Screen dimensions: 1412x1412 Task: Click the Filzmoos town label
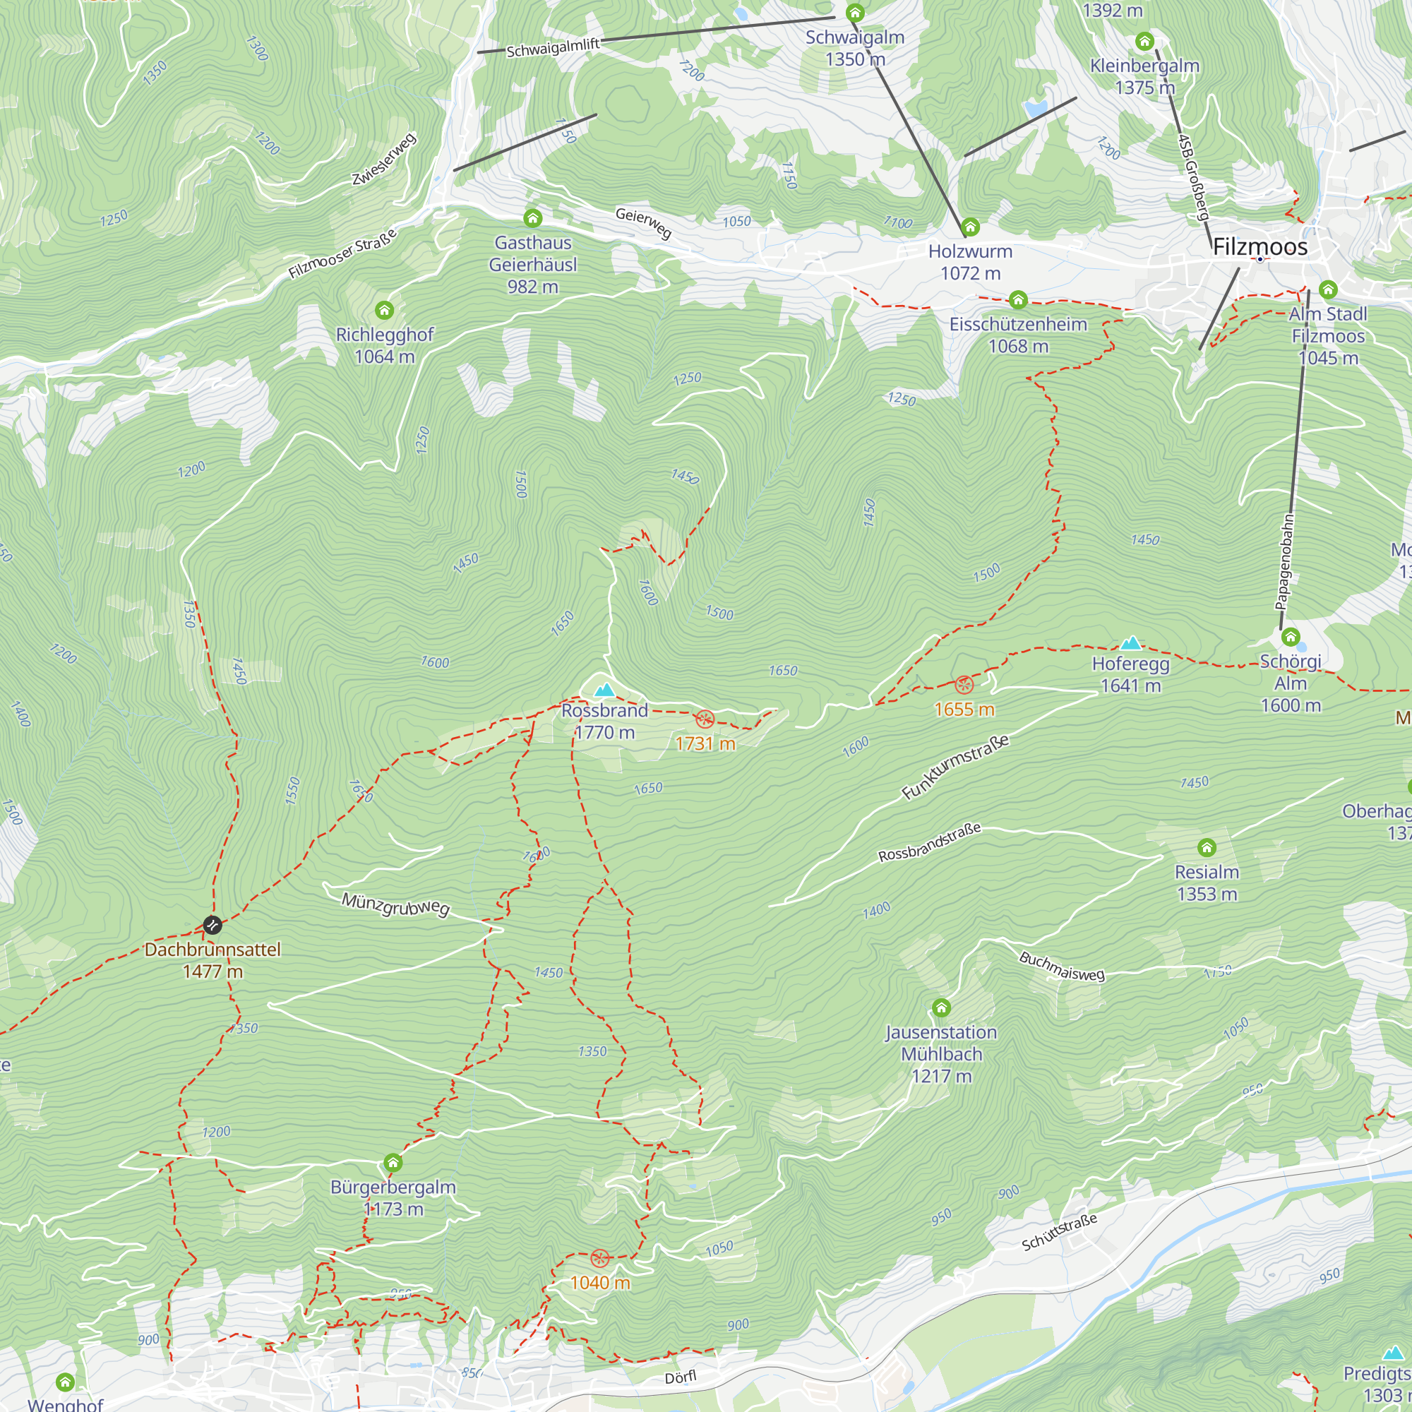[x=1260, y=247]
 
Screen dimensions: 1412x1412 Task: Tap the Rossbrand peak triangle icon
[x=604, y=690]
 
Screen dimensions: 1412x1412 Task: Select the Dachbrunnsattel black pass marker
[x=212, y=926]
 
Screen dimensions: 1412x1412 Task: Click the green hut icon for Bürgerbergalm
[x=393, y=1162]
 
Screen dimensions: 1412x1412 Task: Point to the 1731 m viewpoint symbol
[x=705, y=719]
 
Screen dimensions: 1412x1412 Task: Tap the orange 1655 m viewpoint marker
[x=964, y=685]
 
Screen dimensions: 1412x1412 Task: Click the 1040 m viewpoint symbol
[x=599, y=1259]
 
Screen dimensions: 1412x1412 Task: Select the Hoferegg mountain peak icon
[x=1130, y=643]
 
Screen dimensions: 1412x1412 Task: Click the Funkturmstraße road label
[x=955, y=767]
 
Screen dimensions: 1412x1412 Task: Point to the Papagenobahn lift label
[x=1284, y=562]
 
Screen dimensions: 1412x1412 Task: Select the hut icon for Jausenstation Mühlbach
[x=941, y=1008]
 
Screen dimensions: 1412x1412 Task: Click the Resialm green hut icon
[x=1207, y=848]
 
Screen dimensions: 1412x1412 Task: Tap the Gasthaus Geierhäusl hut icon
[x=533, y=217]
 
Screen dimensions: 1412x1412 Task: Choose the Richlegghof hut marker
[x=385, y=310]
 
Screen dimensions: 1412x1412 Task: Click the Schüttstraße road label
[x=1059, y=1233]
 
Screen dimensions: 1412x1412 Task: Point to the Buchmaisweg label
[x=1062, y=967]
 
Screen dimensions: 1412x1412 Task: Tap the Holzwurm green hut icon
[x=970, y=227]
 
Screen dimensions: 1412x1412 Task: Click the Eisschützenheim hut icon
[x=1018, y=299]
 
